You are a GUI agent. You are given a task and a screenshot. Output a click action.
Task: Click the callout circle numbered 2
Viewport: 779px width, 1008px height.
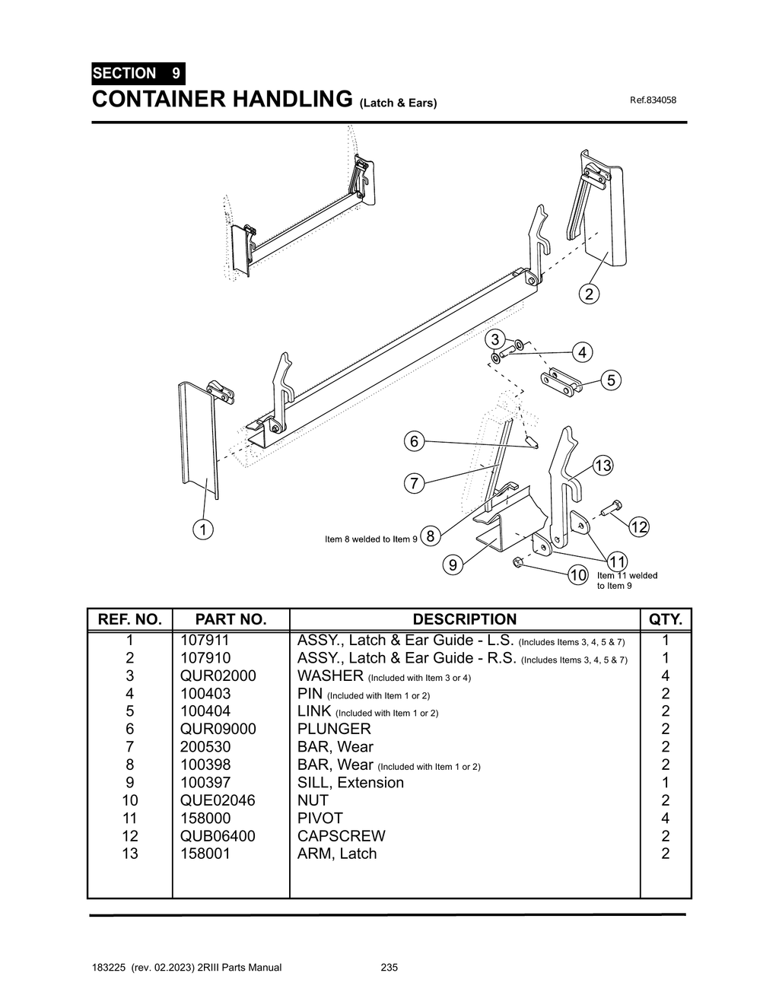(x=589, y=294)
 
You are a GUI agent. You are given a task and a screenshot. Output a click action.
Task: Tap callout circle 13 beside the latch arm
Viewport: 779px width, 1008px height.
(x=603, y=466)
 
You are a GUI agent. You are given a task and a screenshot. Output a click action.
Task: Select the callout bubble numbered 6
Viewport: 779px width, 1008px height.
(x=414, y=441)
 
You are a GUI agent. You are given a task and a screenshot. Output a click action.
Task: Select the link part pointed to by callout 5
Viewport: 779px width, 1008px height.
(x=561, y=378)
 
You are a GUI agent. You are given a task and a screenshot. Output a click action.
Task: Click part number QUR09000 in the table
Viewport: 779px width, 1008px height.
(x=218, y=729)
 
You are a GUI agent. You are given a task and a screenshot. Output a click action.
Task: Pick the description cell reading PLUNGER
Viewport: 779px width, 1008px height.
(x=334, y=729)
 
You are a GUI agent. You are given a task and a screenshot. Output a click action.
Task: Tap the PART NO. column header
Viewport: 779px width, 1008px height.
(x=231, y=619)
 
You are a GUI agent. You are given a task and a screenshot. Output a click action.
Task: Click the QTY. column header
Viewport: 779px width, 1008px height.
(x=666, y=619)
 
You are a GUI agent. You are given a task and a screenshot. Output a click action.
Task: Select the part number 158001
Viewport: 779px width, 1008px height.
(x=205, y=854)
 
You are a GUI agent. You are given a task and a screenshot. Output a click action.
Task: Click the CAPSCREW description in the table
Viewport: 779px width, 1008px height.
(x=341, y=835)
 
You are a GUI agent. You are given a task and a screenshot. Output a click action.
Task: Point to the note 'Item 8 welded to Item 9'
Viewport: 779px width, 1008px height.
(x=370, y=539)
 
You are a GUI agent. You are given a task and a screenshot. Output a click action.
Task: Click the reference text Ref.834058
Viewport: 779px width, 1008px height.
(x=653, y=100)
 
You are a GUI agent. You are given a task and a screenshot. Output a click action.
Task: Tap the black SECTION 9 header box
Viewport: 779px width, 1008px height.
(x=137, y=74)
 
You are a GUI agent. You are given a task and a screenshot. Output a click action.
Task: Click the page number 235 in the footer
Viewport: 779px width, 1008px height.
(x=389, y=968)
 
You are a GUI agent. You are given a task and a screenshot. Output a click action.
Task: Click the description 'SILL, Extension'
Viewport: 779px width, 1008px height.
(x=350, y=782)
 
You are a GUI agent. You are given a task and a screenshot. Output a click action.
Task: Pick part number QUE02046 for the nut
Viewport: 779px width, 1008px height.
(x=218, y=800)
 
